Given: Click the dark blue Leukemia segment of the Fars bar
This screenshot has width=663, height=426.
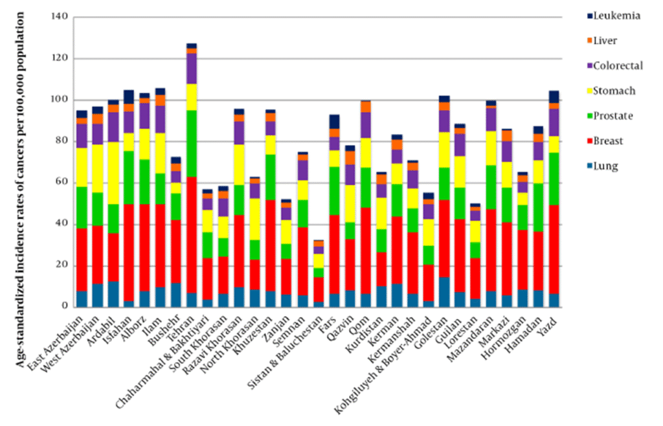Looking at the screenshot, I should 333,122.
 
